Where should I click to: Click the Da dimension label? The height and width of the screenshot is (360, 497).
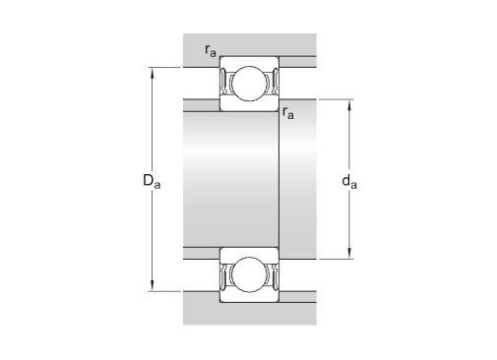152,181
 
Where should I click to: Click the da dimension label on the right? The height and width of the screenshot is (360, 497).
349,181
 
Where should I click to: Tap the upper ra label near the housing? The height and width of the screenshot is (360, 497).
211,50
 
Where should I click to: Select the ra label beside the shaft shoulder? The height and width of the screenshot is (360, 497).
288,112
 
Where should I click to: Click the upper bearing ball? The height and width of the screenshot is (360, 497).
249,84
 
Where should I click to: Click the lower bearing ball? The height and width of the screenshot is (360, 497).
249,274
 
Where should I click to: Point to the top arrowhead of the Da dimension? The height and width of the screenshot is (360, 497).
152,74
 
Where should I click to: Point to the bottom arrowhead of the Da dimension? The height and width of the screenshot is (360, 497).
152,284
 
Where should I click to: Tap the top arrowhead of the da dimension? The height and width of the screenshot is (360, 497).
349,105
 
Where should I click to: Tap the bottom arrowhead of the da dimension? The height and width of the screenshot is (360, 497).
349,253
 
